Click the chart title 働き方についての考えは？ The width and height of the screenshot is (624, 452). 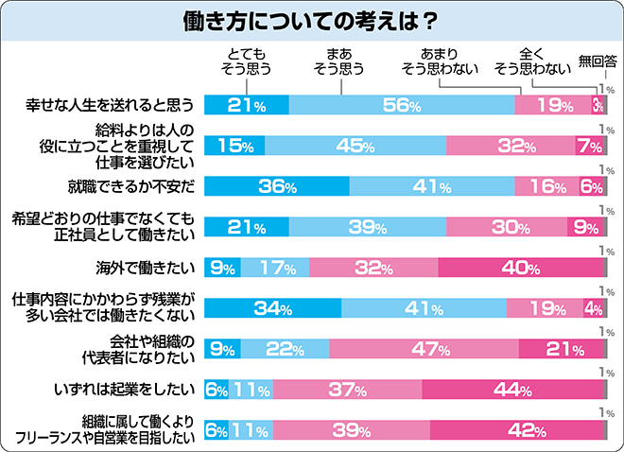(x=311, y=20)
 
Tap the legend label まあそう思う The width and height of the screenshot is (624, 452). (x=338, y=61)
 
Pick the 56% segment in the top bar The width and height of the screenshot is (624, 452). (x=402, y=106)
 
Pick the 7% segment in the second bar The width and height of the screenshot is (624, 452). (x=589, y=146)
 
